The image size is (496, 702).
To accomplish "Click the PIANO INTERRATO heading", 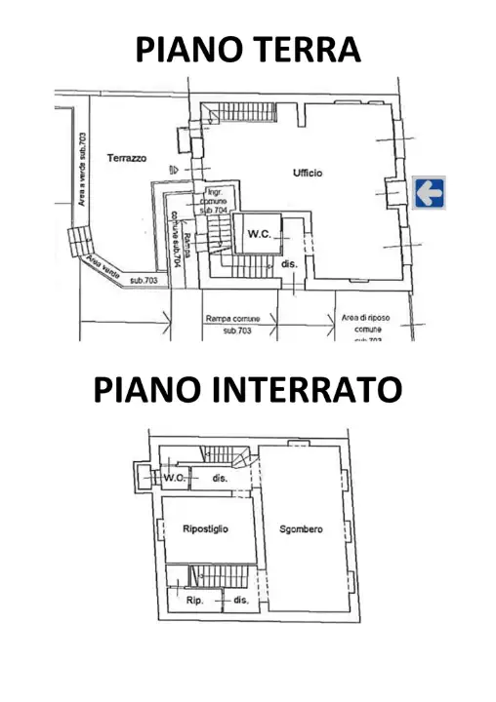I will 247,389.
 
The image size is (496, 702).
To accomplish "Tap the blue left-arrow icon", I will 428,192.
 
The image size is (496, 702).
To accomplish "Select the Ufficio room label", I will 307,173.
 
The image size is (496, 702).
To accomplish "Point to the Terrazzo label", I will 127,157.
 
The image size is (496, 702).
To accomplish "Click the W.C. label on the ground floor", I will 259,234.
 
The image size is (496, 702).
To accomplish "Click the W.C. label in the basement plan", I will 174,478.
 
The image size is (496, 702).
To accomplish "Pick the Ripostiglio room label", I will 205,528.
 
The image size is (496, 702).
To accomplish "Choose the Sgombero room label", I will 301,529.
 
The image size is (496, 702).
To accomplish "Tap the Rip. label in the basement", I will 193,601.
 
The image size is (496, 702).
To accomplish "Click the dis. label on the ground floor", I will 289,264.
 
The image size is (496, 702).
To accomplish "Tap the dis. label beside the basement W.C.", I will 220,478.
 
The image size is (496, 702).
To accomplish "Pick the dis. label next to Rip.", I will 240,601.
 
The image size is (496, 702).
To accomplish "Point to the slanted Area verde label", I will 102,266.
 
